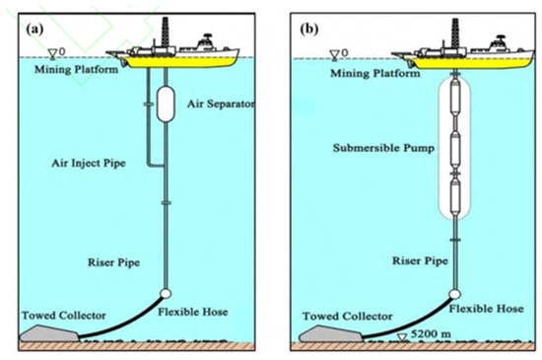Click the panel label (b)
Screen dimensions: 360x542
click(307, 27)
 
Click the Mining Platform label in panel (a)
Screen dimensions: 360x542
click(67, 70)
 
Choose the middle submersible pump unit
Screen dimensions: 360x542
click(455, 152)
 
